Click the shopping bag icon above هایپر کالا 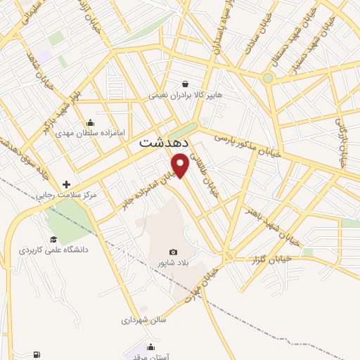pos(185,83)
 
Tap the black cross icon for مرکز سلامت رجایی pos(67,184)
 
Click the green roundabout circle pos(268,78)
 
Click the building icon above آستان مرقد pos(150,347)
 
